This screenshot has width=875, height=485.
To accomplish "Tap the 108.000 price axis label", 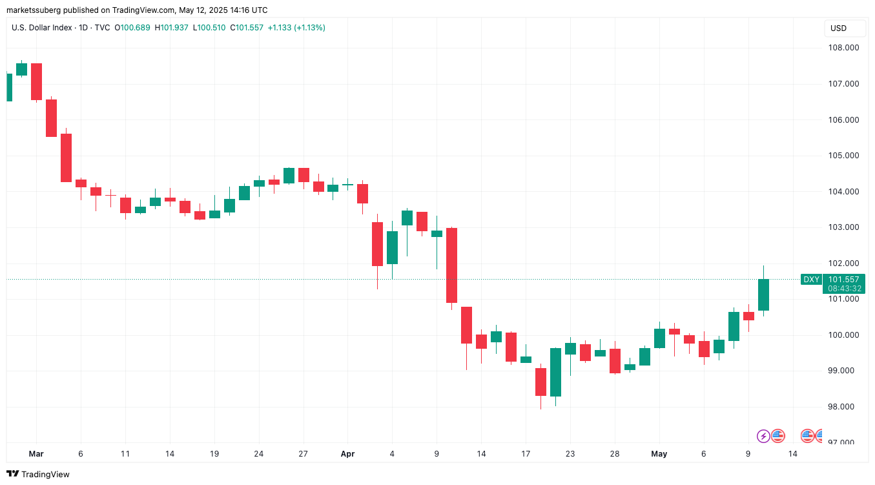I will pyautogui.click(x=843, y=48).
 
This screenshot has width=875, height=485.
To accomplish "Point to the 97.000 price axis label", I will pyautogui.click(x=843, y=442).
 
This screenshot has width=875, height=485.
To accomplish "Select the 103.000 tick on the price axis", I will pyautogui.click(x=843, y=227).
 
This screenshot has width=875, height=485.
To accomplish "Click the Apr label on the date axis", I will pyautogui.click(x=347, y=454).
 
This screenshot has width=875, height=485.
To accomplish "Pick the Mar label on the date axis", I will pyautogui.click(x=36, y=454).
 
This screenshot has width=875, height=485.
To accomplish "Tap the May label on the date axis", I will pyautogui.click(x=659, y=454).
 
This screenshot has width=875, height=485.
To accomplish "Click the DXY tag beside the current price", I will pyautogui.click(x=811, y=280).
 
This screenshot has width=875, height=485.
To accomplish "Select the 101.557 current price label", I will pyautogui.click(x=843, y=280).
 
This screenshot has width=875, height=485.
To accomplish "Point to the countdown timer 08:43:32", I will pyautogui.click(x=843, y=289).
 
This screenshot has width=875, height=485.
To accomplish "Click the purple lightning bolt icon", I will pyautogui.click(x=763, y=436).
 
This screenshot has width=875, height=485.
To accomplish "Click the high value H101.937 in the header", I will pyautogui.click(x=174, y=28).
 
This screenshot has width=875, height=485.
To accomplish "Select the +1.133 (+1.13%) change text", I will pyautogui.click(x=296, y=28).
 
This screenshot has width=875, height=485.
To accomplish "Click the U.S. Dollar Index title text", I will pyautogui.click(x=41, y=28).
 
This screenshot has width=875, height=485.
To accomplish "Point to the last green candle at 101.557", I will pyautogui.click(x=763, y=294).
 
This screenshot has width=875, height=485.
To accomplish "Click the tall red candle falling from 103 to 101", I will pyautogui.click(x=451, y=265).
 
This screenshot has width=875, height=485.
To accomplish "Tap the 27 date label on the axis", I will pyautogui.click(x=303, y=454).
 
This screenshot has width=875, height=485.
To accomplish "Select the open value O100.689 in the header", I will pyautogui.click(x=132, y=28).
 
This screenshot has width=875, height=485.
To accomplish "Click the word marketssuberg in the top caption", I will pyautogui.click(x=36, y=10).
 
